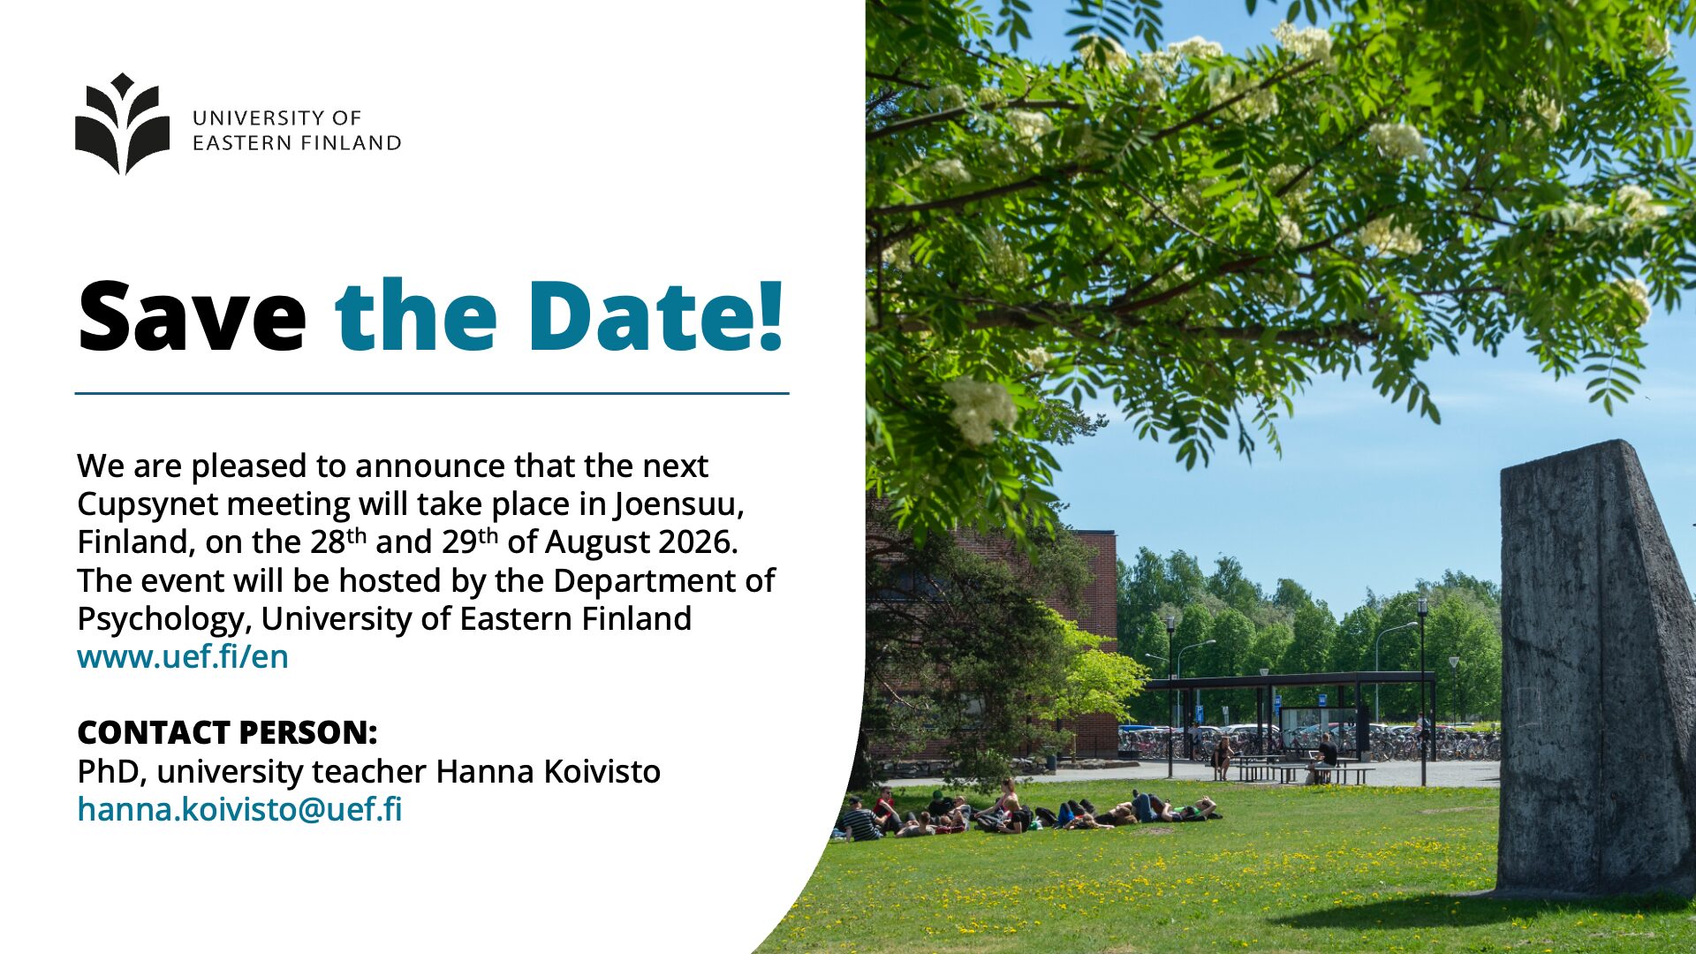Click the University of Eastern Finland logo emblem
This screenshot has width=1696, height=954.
tap(122, 124)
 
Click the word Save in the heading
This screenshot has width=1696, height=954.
tap(192, 316)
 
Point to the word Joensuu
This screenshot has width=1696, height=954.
tap(679, 503)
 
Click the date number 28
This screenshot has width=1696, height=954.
tap(328, 542)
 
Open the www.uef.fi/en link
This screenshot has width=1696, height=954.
tap(183, 656)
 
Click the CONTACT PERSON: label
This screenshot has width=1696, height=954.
tap(227, 732)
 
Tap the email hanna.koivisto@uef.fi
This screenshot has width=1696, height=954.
tap(239, 809)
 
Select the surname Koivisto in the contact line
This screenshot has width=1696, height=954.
tap(602, 771)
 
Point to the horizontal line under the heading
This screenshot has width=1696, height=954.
tap(432, 393)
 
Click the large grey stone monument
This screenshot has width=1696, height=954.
tap(1595, 671)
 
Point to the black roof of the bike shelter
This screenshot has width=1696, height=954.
tap(1290, 679)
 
